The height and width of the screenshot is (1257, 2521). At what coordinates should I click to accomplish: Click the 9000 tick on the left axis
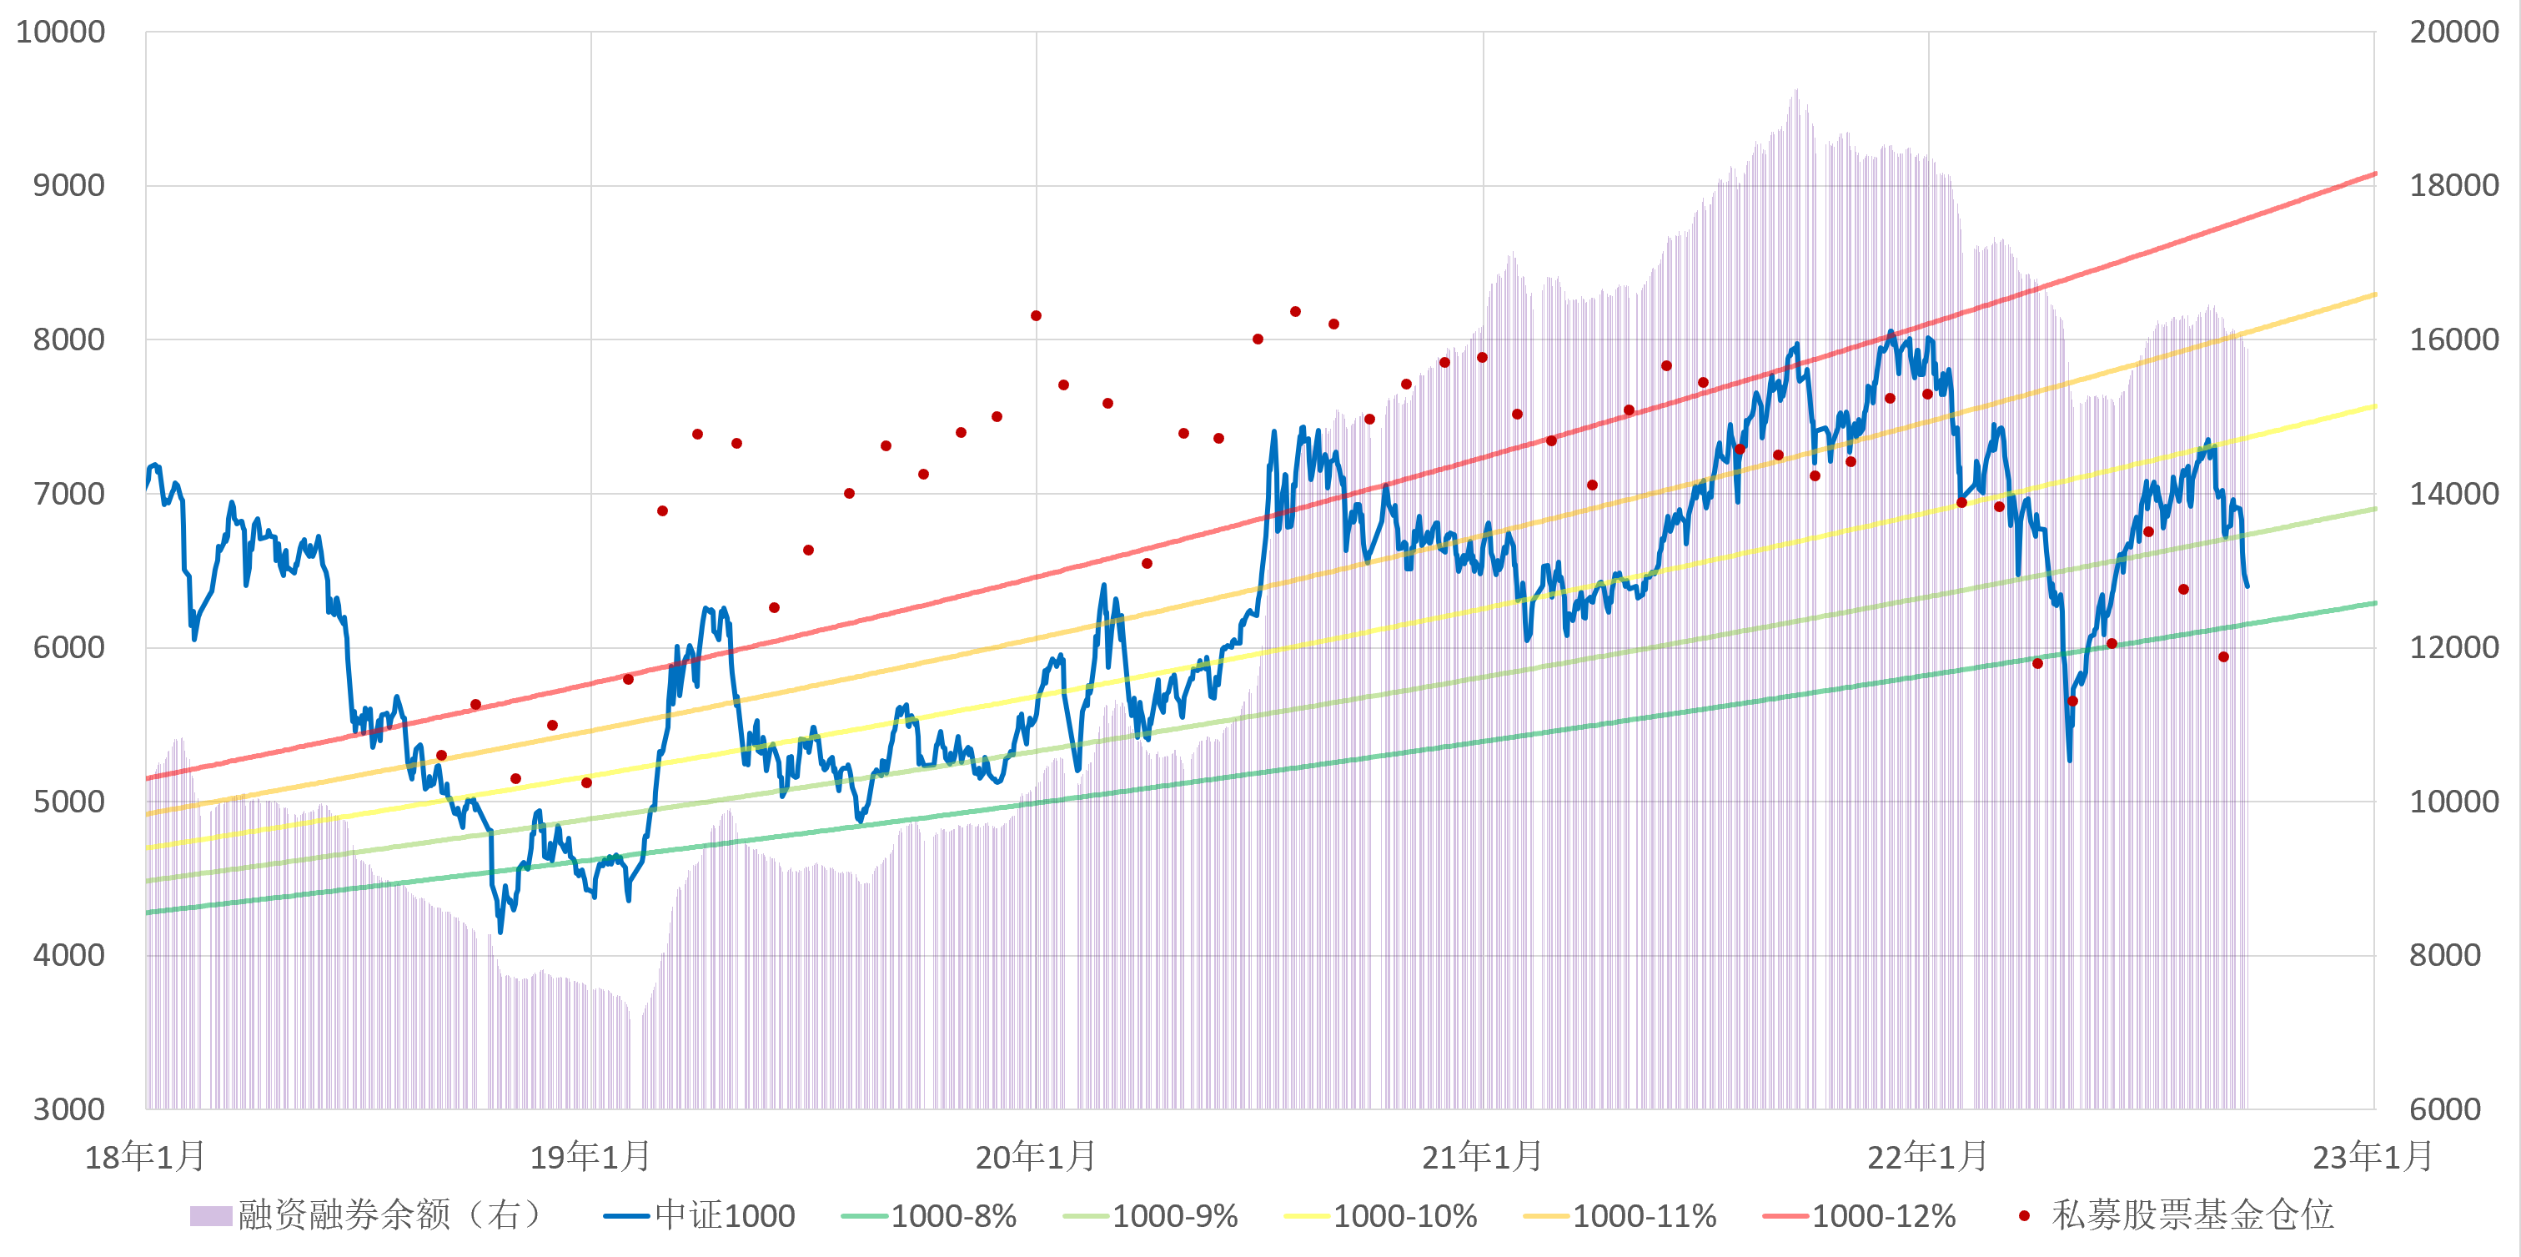(x=68, y=185)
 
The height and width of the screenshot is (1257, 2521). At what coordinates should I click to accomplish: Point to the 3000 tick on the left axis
(x=68, y=1109)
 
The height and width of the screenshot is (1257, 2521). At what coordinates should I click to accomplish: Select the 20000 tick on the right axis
(x=2453, y=32)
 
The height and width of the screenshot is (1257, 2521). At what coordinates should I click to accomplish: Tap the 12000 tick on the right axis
(x=2453, y=647)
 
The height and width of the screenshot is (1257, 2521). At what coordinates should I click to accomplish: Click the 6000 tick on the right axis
(x=2444, y=1109)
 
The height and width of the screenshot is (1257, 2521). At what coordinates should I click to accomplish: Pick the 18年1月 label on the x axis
(x=145, y=1157)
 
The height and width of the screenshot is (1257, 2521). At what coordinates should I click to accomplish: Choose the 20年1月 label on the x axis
(x=1036, y=1157)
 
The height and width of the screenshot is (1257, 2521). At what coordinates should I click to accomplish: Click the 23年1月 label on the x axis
(x=2373, y=1157)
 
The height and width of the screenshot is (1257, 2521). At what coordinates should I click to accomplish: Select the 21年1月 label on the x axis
(x=1482, y=1157)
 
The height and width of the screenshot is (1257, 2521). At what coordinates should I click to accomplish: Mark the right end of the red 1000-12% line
(x=2375, y=174)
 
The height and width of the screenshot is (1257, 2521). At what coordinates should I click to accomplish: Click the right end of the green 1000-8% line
(x=2375, y=603)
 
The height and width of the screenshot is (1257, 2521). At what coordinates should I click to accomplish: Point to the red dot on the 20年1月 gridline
(x=1036, y=315)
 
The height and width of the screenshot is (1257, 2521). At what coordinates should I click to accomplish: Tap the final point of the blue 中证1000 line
(x=2247, y=586)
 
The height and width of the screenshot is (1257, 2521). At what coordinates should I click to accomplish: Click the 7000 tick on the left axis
(x=68, y=494)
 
